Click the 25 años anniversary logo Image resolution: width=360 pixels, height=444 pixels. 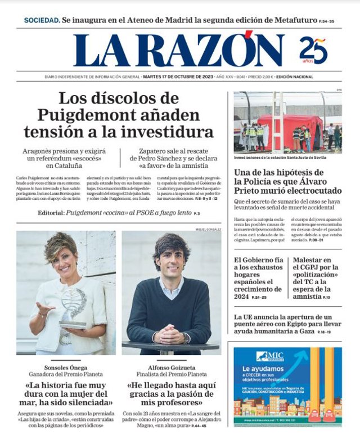(313, 50)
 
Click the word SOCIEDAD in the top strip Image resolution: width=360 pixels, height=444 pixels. (42, 20)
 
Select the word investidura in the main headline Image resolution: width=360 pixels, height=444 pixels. (172, 132)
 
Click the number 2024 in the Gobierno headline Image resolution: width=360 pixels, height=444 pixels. (246, 297)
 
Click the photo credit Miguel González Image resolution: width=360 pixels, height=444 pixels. (208, 230)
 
